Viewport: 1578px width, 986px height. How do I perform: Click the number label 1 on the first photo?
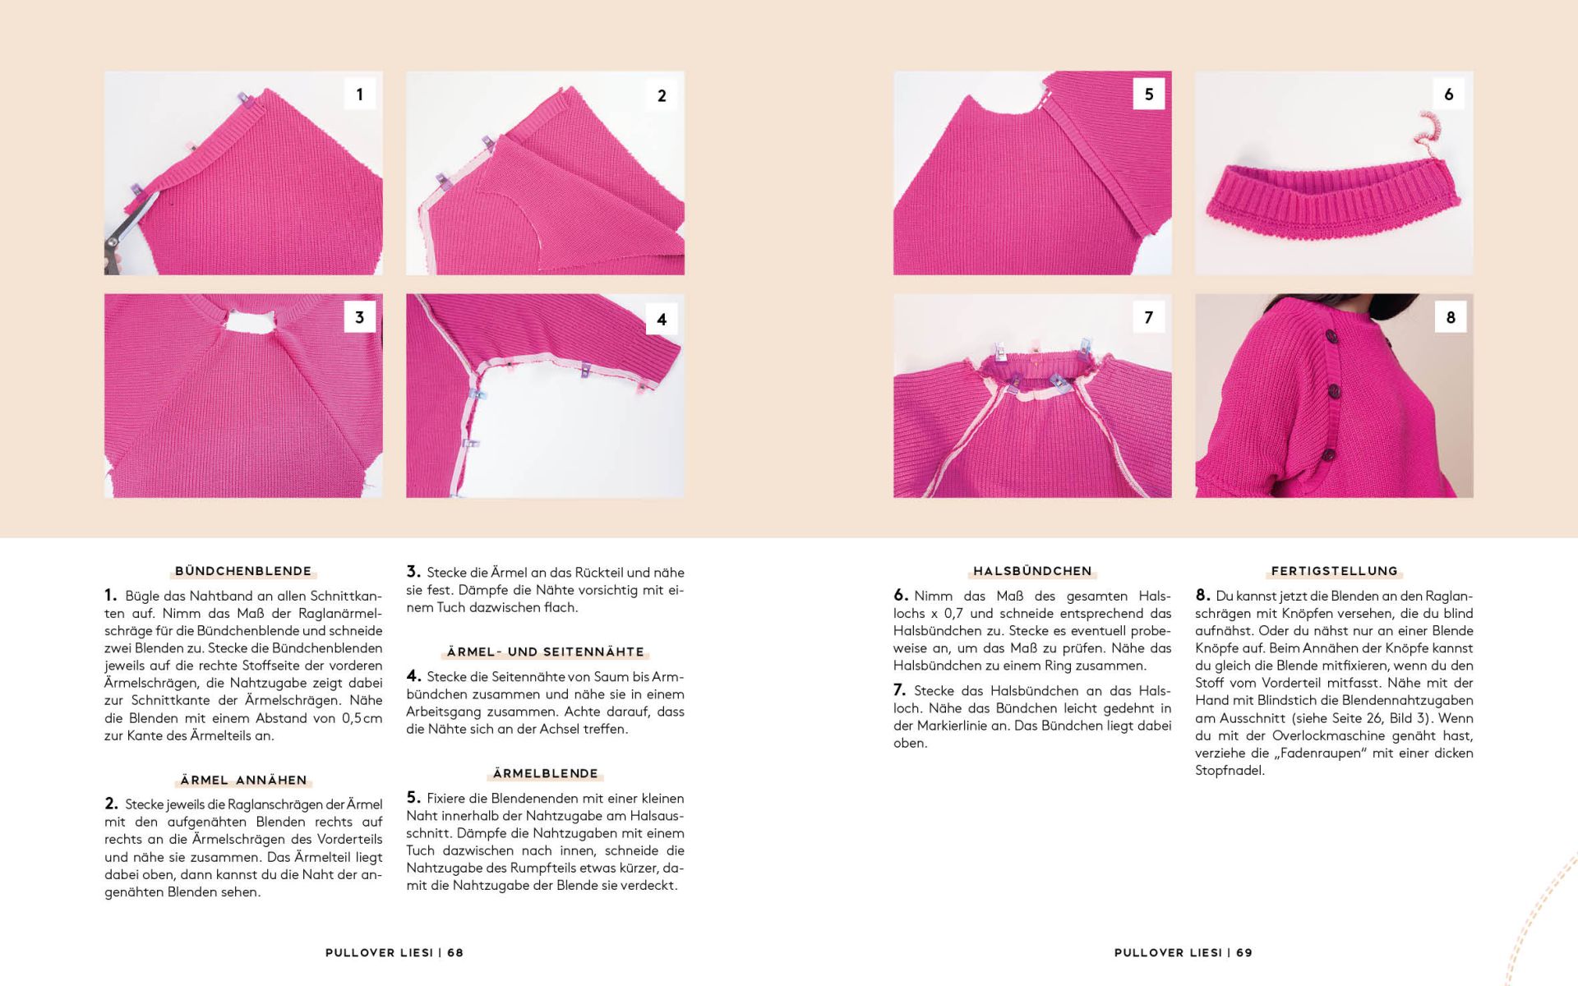point(359,94)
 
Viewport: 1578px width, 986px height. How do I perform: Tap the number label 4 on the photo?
point(662,320)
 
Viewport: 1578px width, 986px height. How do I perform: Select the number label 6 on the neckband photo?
point(1449,94)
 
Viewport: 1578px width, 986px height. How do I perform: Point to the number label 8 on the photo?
point(1451,317)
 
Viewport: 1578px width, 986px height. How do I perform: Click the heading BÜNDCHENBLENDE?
point(243,571)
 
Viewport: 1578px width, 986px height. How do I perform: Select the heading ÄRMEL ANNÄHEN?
point(243,780)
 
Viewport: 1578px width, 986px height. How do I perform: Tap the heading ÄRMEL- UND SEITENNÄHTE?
point(546,652)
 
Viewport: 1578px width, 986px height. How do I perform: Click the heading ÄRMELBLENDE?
point(546,773)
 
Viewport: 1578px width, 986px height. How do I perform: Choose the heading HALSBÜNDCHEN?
point(1032,571)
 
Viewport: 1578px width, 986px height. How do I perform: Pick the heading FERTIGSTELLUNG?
point(1334,571)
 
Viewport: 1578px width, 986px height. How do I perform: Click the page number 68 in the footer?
point(455,952)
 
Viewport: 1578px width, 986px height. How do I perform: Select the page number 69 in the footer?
point(1244,952)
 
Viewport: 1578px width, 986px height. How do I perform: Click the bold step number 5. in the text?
point(413,798)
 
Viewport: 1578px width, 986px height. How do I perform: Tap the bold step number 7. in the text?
point(900,690)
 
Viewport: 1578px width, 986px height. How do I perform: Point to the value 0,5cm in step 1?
point(362,718)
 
